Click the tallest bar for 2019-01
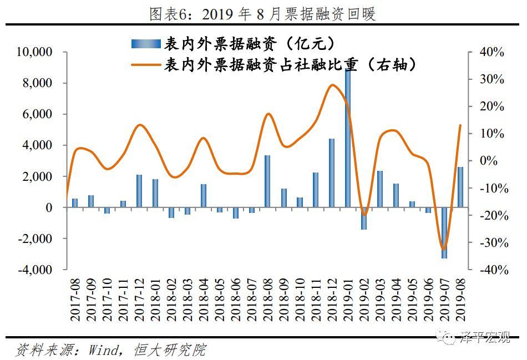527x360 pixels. [x=348, y=139]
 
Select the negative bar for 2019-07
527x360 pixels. [x=444, y=232]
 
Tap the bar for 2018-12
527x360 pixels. [x=332, y=173]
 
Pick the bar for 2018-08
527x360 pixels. [x=267, y=181]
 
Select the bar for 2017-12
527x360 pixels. [x=139, y=191]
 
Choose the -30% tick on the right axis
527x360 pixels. [x=491, y=243]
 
